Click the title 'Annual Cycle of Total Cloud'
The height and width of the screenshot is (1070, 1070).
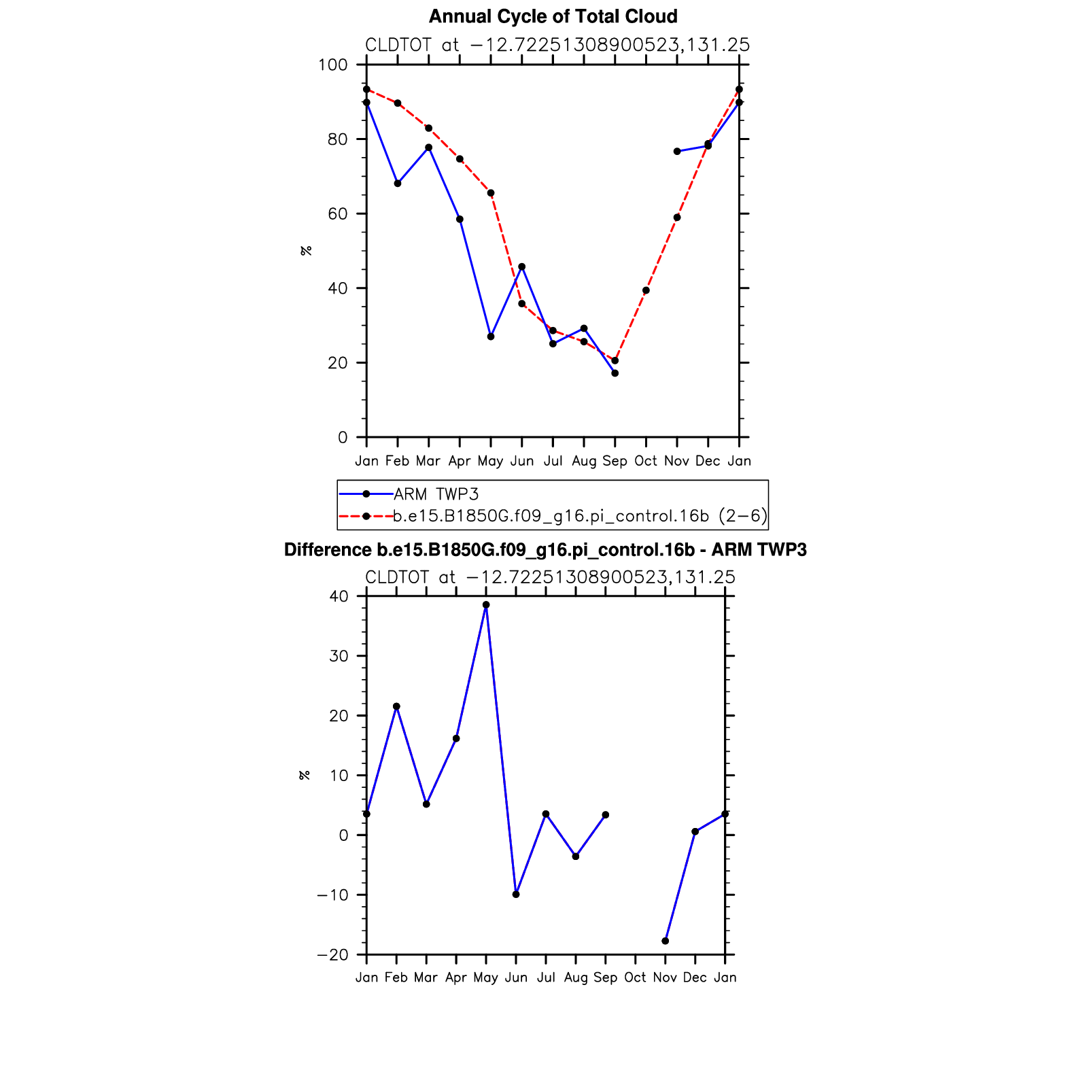click(553, 16)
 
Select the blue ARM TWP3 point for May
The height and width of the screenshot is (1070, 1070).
click(491, 336)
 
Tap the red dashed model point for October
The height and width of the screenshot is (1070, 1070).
click(646, 290)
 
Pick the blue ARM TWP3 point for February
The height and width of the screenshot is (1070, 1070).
click(398, 184)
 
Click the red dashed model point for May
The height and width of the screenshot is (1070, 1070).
click(491, 193)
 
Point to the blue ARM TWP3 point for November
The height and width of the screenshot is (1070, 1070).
click(677, 152)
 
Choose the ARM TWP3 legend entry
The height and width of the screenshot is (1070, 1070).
click(436, 494)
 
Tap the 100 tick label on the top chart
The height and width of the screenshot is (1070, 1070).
click(332, 65)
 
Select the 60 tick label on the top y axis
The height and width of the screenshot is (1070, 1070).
click(337, 214)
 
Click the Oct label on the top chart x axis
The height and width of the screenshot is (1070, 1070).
click(646, 461)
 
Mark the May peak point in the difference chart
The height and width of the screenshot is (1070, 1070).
click(486, 605)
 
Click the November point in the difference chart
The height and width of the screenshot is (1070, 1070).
click(666, 941)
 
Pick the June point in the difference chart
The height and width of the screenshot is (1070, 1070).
click(516, 895)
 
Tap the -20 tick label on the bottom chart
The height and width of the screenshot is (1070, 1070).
click(332, 955)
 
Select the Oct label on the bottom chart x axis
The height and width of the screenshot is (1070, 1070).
click(636, 978)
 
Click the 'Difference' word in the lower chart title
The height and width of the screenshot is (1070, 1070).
click(327, 550)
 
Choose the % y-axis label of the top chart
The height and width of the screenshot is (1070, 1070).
click(307, 251)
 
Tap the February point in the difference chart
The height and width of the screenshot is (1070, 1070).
click(396, 706)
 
